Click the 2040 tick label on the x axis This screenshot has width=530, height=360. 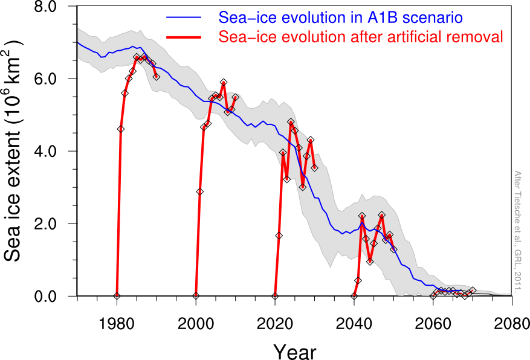coord(354,324)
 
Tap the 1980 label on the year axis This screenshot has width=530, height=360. coord(117,324)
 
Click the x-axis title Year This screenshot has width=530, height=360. coord(295,352)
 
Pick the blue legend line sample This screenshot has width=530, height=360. coord(184,18)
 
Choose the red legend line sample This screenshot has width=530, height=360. coord(184,37)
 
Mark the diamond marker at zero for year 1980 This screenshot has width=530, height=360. coord(117,295)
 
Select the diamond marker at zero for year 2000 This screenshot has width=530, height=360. coord(196,295)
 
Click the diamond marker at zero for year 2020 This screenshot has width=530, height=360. coord(275,296)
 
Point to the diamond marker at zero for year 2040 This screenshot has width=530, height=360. coord(354,296)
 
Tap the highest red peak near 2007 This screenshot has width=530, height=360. coord(224,82)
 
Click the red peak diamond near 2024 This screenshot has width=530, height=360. coord(291,121)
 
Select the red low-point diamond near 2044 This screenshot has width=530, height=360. coord(370,261)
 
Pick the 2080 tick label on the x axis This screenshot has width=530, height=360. coord(512,324)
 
